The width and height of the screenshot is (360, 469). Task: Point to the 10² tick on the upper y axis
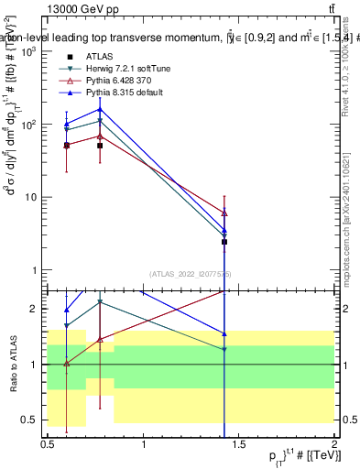point(28,124)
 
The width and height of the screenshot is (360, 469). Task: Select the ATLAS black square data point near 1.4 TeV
point(224,242)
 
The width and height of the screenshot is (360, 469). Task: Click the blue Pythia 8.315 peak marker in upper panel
point(100,109)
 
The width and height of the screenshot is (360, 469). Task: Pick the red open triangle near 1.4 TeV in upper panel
point(224,213)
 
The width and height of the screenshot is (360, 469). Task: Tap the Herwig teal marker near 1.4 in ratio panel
point(224,349)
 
